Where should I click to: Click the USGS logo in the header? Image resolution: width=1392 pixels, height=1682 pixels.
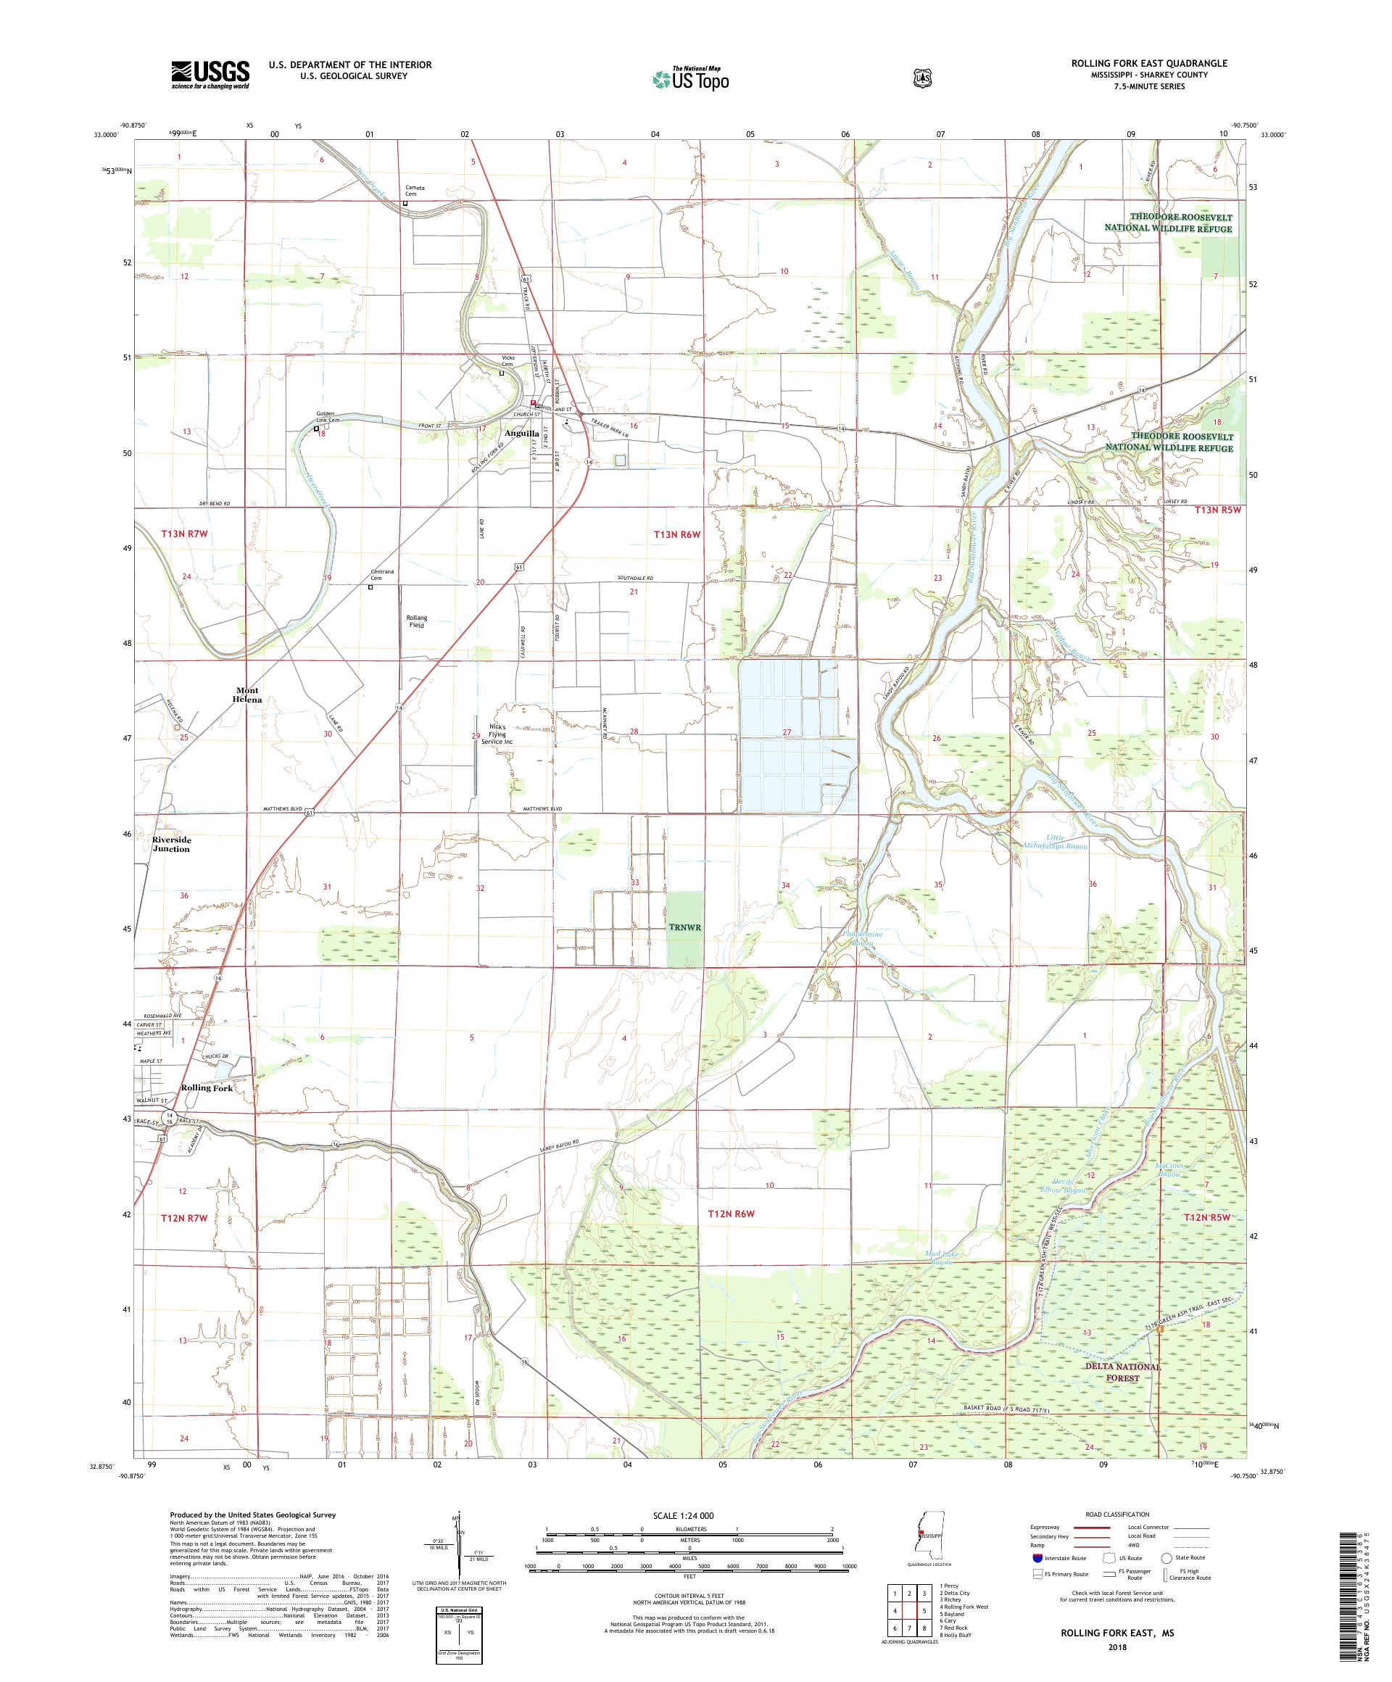click(210, 75)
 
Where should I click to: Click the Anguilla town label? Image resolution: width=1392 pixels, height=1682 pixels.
click(521, 434)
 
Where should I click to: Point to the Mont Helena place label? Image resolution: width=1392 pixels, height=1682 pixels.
click(247, 695)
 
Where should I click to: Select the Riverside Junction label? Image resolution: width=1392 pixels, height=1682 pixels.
click(171, 844)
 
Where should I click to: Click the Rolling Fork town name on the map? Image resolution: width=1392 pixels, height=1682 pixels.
click(207, 1087)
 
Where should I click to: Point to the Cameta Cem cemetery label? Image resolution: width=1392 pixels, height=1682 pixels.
click(415, 191)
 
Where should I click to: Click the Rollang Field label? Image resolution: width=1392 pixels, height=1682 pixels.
click(416, 621)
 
